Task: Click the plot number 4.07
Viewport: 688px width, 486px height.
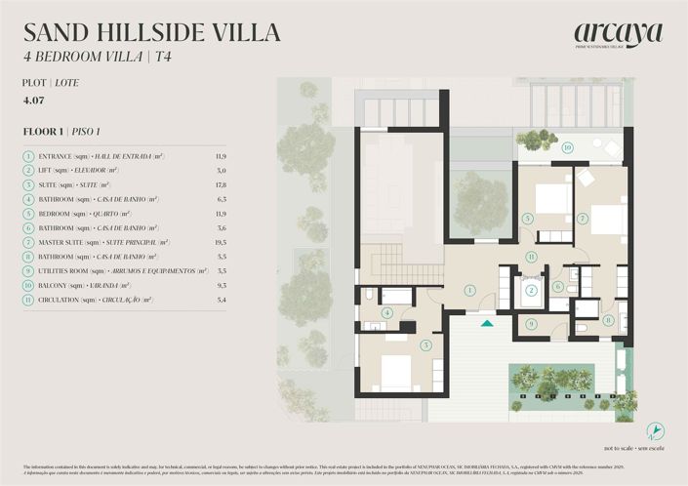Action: coord(34,100)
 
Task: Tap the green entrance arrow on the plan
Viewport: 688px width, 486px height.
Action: coord(487,322)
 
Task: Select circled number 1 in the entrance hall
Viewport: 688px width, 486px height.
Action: coord(469,290)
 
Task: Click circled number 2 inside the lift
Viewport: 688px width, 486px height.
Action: coord(531,290)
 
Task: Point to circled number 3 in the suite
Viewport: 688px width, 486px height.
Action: coord(425,344)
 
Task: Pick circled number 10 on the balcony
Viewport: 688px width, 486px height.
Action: coord(567,147)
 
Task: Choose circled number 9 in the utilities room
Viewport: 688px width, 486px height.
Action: coord(531,323)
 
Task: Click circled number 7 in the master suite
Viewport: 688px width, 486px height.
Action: coord(583,219)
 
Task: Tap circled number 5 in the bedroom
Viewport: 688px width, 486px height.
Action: coord(527,219)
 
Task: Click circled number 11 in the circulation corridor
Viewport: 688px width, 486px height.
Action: coord(531,257)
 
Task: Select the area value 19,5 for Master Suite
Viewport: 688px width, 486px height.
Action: coord(220,242)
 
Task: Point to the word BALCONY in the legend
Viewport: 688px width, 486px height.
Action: coord(57,286)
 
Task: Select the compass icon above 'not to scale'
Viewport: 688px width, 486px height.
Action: coord(657,430)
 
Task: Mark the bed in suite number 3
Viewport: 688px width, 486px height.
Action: coord(395,372)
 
